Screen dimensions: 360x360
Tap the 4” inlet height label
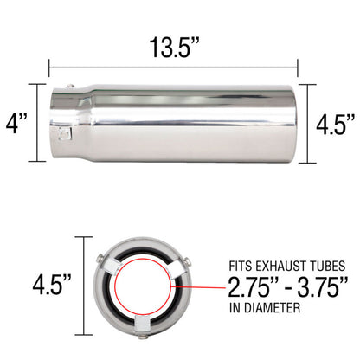click(x=16, y=124)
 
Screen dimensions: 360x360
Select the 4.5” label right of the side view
click(x=335, y=125)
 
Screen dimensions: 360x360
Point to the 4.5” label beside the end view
click(x=52, y=285)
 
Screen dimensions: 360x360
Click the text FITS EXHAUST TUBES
click(x=287, y=266)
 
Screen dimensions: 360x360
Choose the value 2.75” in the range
click(x=253, y=286)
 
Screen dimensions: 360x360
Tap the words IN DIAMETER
click(x=265, y=308)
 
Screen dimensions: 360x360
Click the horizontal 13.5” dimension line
click(x=173, y=67)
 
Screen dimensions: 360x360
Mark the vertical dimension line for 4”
click(x=37, y=123)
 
